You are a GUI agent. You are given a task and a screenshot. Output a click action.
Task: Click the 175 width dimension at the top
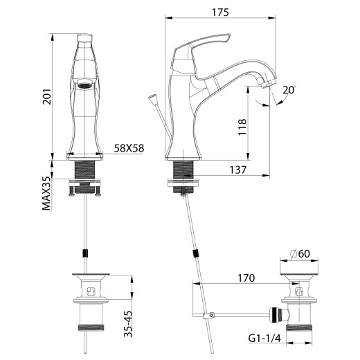click(220, 12)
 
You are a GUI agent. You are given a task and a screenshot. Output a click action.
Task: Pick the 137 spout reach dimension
click(240, 169)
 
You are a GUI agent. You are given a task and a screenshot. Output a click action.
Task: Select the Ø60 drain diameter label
click(299, 254)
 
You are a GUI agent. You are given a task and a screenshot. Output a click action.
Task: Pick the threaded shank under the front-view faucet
click(84, 168)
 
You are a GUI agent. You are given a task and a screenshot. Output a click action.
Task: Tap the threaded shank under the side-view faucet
click(183, 168)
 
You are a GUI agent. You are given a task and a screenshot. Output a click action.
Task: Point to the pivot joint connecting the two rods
click(206, 317)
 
